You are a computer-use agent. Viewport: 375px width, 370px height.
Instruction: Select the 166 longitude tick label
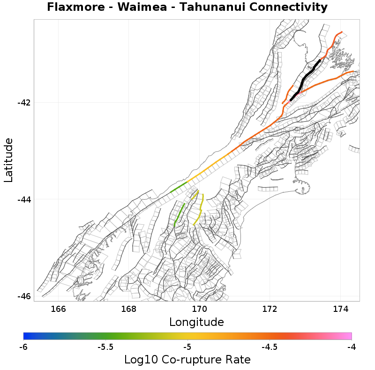(x=58, y=309)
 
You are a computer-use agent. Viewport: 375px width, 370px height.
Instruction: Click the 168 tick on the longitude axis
(x=129, y=309)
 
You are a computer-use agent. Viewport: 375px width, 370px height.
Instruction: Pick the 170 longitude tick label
(x=199, y=309)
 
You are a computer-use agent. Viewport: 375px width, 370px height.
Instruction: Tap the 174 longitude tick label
(x=340, y=309)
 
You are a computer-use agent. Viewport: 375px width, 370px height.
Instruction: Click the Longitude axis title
(x=196, y=322)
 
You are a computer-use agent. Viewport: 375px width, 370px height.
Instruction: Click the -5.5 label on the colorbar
(x=105, y=347)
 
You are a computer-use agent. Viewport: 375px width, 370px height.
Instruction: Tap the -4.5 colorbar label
(x=269, y=347)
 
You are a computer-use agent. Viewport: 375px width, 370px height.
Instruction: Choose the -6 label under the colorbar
(x=23, y=347)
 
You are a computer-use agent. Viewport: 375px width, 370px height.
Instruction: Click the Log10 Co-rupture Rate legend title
(x=187, y=360)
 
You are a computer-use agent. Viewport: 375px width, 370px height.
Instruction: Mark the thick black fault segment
(x=305, y=77)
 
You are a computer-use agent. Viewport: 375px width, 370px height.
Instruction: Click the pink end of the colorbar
(x=347, y=336)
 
